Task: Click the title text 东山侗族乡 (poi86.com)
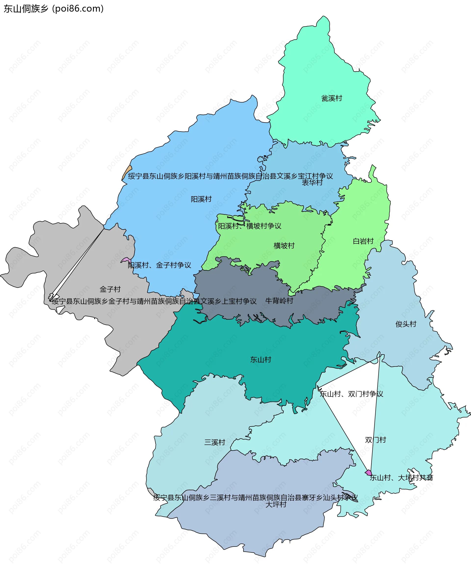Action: [x=53, y=9]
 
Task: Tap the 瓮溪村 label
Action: [x=332, y=98]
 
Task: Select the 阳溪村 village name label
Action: [x=201, y=199]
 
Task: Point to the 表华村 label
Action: [x=312, y=183]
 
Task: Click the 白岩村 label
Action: [x=363, y=241]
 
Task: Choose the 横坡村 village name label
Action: [x=284, y=245]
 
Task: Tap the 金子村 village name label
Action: [x=110, y=289]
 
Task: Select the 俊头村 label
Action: [x=406, y=324]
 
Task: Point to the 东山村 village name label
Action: [x=261, y=360]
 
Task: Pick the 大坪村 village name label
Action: [x=276, y=504]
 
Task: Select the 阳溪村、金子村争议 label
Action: [x=159, y=265]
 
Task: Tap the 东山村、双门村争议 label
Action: [x=351, y=394]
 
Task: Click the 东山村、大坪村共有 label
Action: [x=401, y=478]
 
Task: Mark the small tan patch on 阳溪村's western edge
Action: [x=126, y=172]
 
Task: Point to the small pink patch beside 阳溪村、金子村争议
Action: [x=126, y=260]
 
